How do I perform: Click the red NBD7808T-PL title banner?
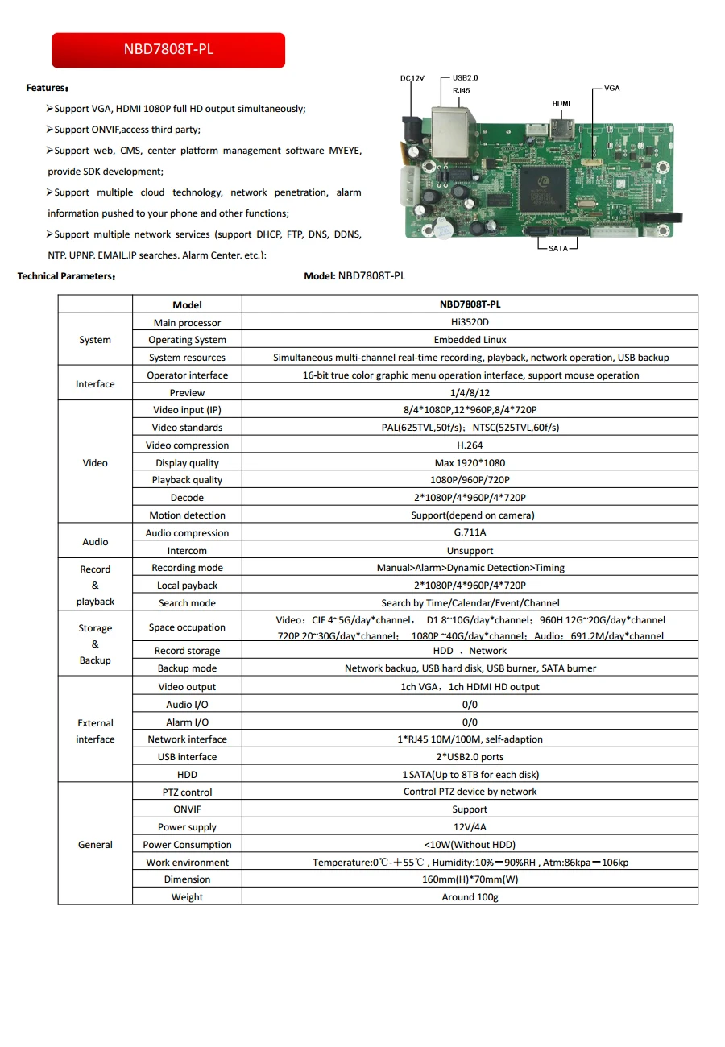coord(168,50)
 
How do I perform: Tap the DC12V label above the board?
coord(412,78)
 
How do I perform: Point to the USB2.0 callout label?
coord(465,77)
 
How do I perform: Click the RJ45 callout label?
coord(462,91)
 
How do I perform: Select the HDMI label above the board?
coord(561,104)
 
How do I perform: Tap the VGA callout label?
coord(612,88)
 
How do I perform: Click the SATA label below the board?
coord(557,248)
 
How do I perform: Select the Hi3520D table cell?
coord(470,322)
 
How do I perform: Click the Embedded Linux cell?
coord(470,340)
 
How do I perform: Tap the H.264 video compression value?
coord(470,445)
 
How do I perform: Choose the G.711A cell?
coord(470,533)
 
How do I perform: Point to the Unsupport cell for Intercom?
coord(470,551)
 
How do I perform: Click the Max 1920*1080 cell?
coord(470,463)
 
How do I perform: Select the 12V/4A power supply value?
coord(470,827)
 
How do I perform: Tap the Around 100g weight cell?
coord(470,897)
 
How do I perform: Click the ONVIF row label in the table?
coord(187,809)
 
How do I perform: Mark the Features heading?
coord(48,88)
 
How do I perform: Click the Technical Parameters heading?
coord(67,276)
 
